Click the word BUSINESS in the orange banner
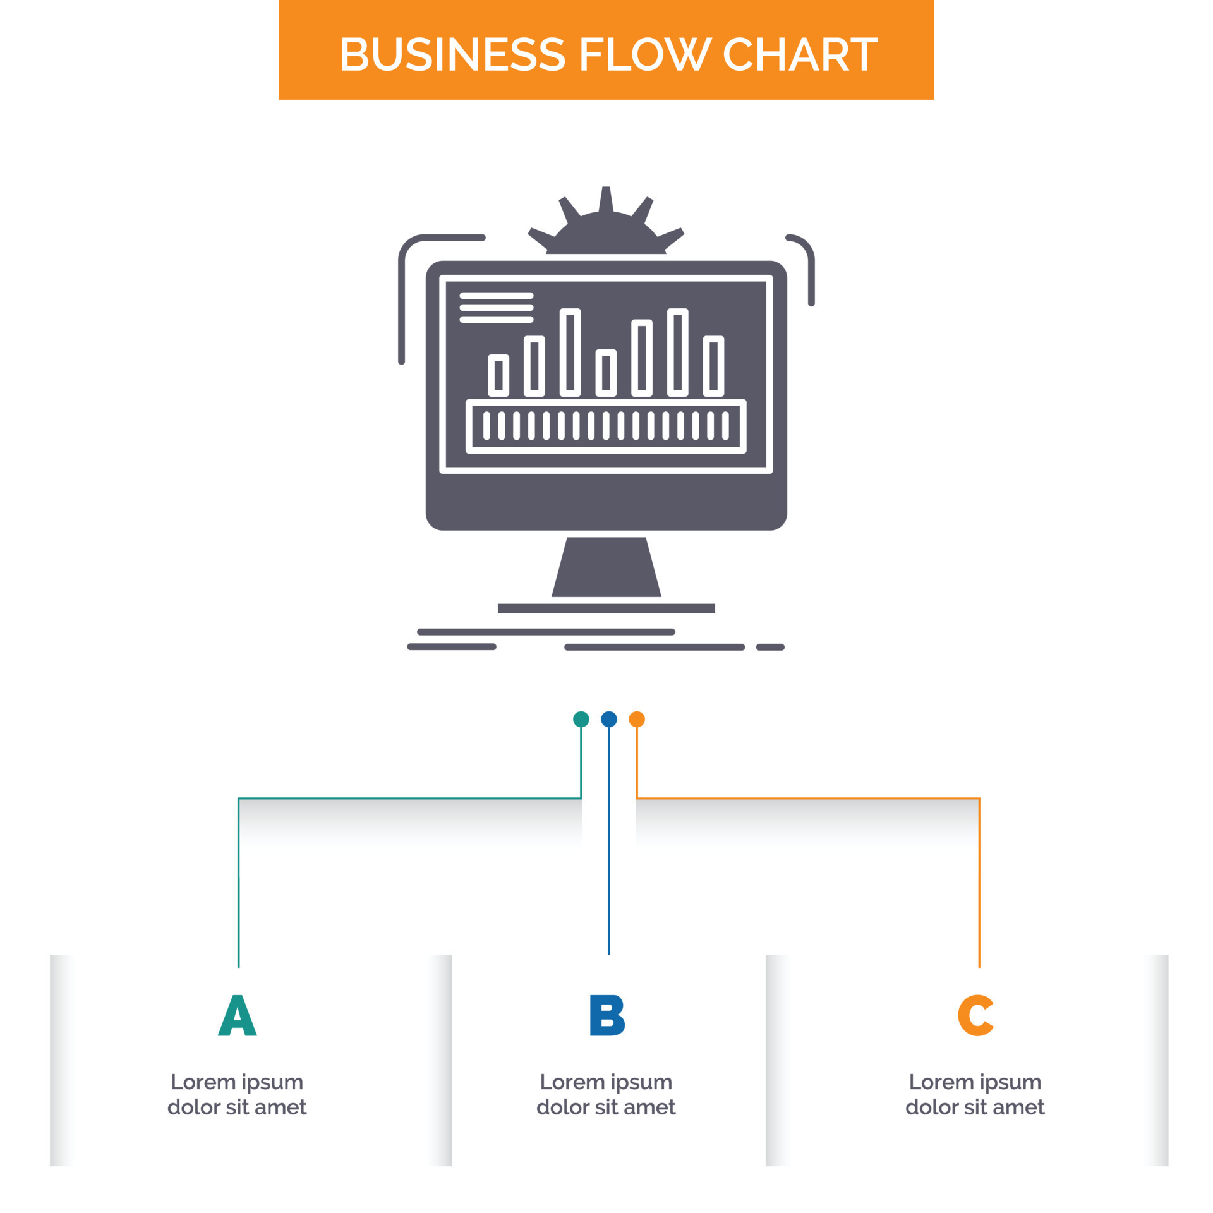pos(452,54)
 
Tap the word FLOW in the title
pos(644,54)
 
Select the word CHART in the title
pos(799,54)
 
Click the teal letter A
pos(237,1015)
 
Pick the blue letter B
pos(606,1015)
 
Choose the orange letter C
pos(975,1015)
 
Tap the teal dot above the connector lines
pos(581,719)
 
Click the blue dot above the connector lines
pos(608,719)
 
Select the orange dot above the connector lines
pos(637,719)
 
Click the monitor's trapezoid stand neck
pos(606,567)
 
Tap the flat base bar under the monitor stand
pos(606,608)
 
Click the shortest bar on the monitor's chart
pos(606,373)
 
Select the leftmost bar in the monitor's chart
pos(498,375)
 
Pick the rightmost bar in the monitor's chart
pos(713,366)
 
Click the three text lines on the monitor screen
pos(497,308)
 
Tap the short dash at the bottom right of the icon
pos(770,647)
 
